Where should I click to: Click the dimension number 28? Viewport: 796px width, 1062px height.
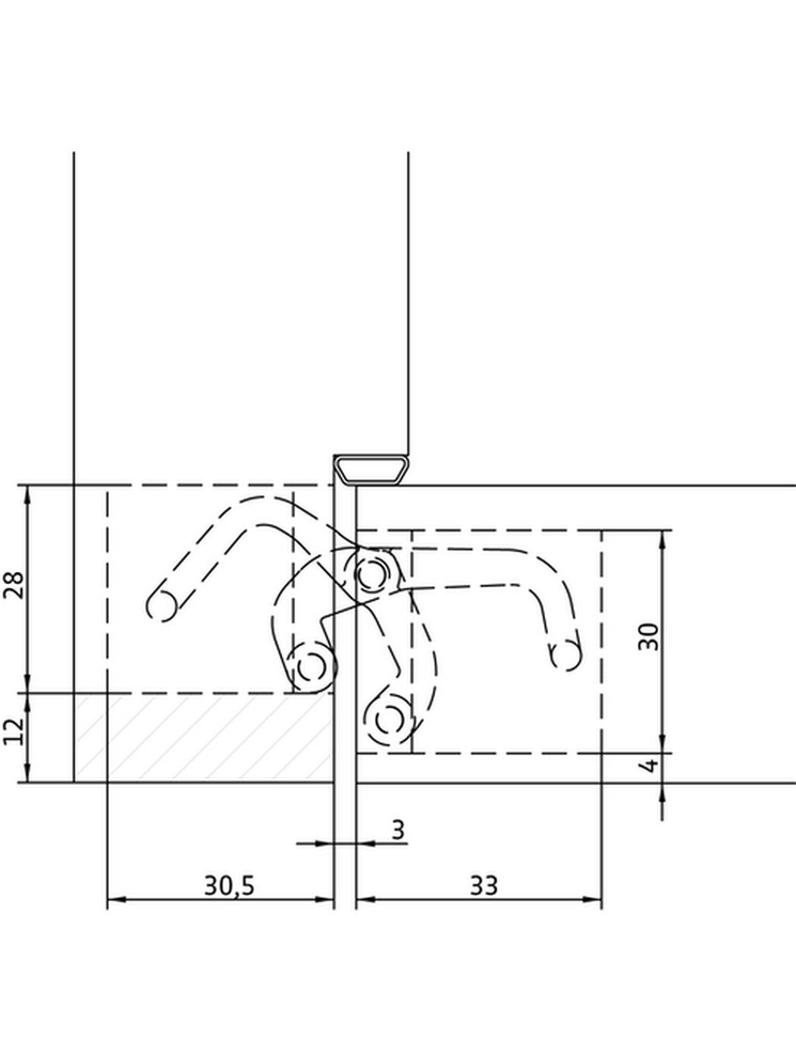pyautogui.click(x=14, y=585)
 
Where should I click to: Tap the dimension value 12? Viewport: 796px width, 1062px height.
pyautogui.click(x=14, y=733)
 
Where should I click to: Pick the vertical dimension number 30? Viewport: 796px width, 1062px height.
pyautogui.click(x=648, y=637)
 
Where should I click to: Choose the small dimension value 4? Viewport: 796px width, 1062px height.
pyautogui.click(x=651, y=765)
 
